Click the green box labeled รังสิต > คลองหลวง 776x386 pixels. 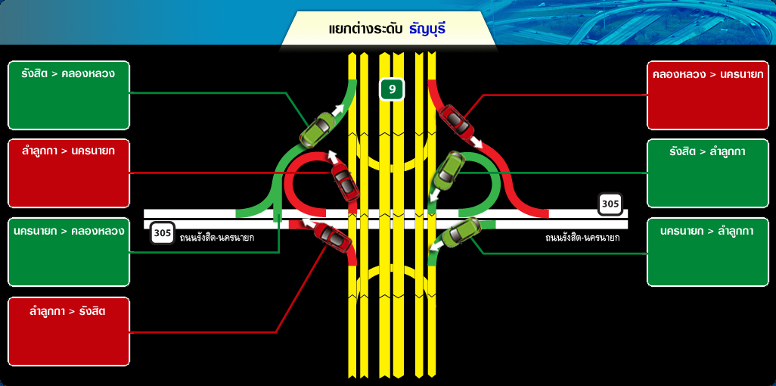[x=69, y=95]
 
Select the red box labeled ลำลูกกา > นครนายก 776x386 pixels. [x=69, y=173]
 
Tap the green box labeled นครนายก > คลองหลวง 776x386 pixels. [x=69, y=252]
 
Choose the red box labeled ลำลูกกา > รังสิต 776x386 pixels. [x=69, y=331]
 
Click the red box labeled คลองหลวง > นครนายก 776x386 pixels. [x=708, y=95]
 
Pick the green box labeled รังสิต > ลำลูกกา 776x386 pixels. [x=708, y=173]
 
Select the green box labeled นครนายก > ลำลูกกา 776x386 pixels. [x=708, y=252]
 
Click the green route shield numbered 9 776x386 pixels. [x=392, y=89]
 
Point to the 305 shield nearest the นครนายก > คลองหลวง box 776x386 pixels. [x=163, y=232]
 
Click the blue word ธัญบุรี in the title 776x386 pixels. [x=427, y=29]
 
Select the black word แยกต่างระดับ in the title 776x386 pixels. [x=366, y=29]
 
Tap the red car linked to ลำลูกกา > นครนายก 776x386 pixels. [x=345, y=182]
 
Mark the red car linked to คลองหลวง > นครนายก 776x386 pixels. [x=455, y=120]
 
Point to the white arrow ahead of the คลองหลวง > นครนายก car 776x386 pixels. [x=476, y=142]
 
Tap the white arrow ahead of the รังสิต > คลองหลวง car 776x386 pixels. [x=338, y=110]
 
